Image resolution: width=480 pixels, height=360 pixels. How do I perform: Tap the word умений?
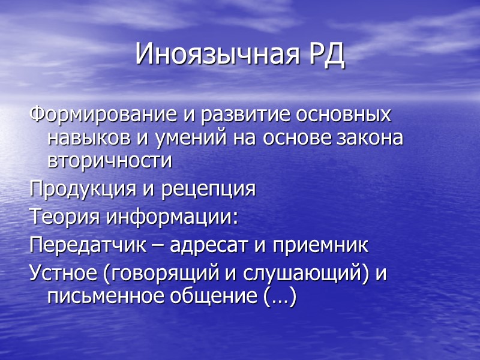[x=185, y=137]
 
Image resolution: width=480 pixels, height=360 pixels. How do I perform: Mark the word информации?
[x=172, y=217]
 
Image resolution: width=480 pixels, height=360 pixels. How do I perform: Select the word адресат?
[x=209, y=245]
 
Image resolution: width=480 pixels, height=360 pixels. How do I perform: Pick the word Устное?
[x=64, y=273]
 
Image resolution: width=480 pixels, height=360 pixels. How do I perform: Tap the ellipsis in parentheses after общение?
[x=280, y=296]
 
